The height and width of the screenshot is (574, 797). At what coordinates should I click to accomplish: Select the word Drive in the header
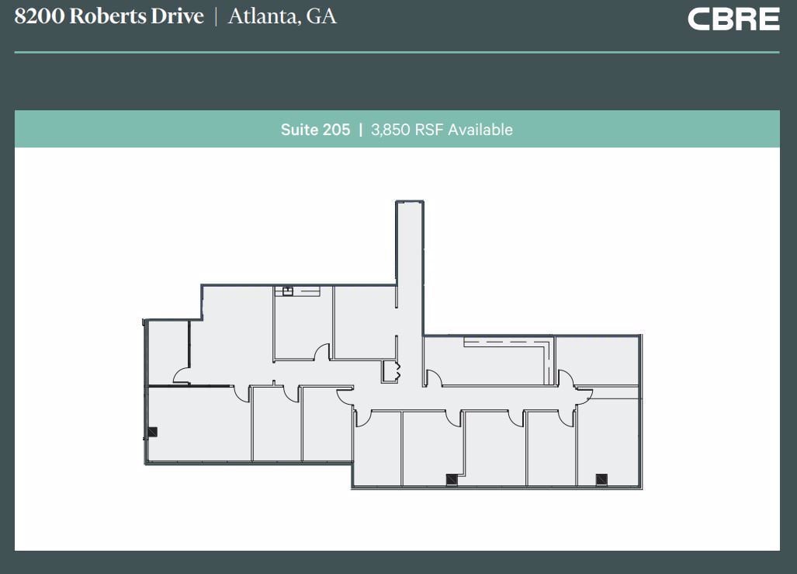point(177,16)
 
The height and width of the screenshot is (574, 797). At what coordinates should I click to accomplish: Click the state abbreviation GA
point(322,16)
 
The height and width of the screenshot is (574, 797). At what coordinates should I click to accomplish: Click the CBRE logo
point(733,19)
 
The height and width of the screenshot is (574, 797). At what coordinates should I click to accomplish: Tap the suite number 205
point(336,130)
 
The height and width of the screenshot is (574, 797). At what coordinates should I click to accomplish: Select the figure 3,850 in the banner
point(390,130)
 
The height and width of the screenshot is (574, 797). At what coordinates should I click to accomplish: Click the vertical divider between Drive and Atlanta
point(216,16)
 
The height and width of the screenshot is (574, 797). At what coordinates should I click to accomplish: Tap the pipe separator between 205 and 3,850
point(360,130)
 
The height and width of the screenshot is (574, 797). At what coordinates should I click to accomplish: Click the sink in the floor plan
point(287,291)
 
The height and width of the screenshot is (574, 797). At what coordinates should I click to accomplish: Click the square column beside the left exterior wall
point(153,432)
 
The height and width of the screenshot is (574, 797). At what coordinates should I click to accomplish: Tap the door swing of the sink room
point(321,353)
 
